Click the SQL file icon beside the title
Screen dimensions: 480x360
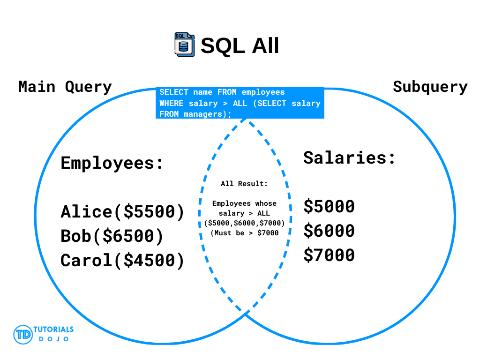click(x=184, y=45)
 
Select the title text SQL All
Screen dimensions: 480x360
click(x=240, y=45)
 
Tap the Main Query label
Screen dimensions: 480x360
click(x=65, y=87)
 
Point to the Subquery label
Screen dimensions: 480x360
click(x=430, y=87)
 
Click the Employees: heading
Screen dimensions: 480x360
click(x=112, y=163)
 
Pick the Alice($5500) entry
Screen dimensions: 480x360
click(x=122, y=212)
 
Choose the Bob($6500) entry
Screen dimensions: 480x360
click(x=112, y=236)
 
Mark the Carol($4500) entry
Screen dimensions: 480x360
click(x=122, y=261)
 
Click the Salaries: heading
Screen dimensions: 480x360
click(x=349, y=158)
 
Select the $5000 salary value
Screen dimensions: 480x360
click(x=329, y=206)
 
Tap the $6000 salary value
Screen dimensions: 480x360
click(x=329, y=231)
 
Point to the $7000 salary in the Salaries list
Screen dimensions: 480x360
click(x=329, y=255)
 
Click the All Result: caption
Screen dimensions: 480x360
click(x=244, y=184)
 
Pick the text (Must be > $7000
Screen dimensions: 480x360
click(x=245, y=233)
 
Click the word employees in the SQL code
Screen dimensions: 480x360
click(x=263, y=92)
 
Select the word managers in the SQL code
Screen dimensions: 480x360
click(x=202, y=114)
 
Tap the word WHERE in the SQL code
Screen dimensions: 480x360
click(x=171, y=103)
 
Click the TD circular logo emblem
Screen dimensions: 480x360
click(x=23, y=335)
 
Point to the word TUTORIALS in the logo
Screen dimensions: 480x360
click(x=53, y=330)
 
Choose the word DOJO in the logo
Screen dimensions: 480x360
click(x=53, y=339)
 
